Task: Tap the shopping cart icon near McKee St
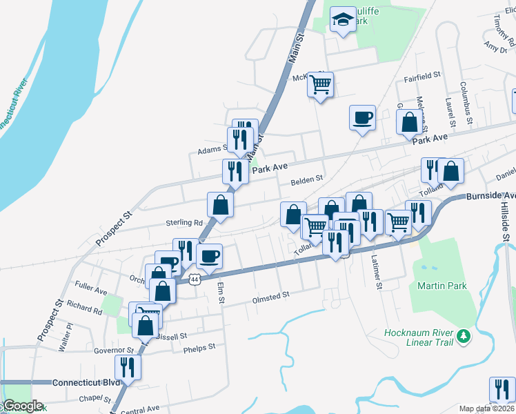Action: click(320, 85)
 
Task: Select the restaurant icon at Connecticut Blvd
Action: click(128, 366)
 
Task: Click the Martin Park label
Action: click(441, 286)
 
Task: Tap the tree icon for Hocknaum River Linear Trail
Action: click(465, 336)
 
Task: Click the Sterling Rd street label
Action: click(183, 223)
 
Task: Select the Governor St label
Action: click(113, 351)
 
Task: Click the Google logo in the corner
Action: click(22, 406)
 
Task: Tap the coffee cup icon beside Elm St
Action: click(210, 257)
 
